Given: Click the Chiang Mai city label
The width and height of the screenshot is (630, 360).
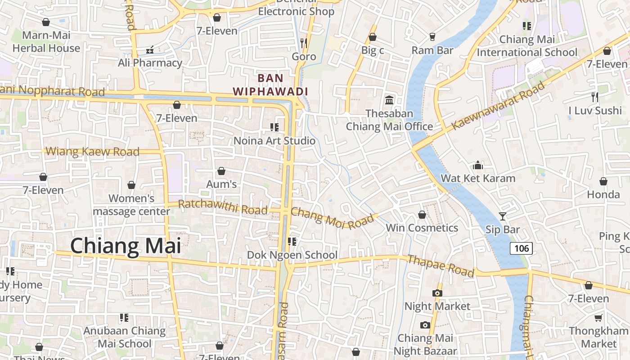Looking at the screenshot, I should [x=126, y=246].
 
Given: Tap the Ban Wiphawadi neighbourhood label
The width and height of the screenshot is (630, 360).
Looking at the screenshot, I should [x=270, y=85].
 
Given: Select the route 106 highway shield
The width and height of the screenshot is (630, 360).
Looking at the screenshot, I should [x=521, y=248].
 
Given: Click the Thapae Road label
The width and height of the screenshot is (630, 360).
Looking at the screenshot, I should [x=441, y=265].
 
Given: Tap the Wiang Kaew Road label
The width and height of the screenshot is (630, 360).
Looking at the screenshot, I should [x=93, y=152].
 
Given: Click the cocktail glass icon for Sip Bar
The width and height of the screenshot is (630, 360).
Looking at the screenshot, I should [x=503, y=216].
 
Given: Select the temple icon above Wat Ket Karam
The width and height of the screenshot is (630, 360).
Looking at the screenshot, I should [x=478, y=166].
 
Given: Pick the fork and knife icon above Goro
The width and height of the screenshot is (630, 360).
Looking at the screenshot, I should [x=304, y=43].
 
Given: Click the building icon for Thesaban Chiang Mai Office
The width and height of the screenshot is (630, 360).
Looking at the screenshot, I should [x=389, y=99].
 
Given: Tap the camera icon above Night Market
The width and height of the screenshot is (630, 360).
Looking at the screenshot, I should [x=437, y=293].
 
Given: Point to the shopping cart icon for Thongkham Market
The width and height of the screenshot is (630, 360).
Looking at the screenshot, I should [x=598, y=318].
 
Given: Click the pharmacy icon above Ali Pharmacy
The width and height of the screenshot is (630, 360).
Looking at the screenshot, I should [x=150, y=50].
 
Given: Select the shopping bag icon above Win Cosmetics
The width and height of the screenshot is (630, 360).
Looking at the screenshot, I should [x=422, y=215].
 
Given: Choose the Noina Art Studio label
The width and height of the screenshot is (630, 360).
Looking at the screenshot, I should [x=274, y=141].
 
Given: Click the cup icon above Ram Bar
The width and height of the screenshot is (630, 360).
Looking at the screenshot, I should [x=432, y=37].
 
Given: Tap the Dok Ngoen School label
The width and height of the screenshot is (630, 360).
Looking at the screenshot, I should [x=292, y=255].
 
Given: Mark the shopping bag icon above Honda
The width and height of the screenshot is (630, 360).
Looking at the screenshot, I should [x=603, y=181].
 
